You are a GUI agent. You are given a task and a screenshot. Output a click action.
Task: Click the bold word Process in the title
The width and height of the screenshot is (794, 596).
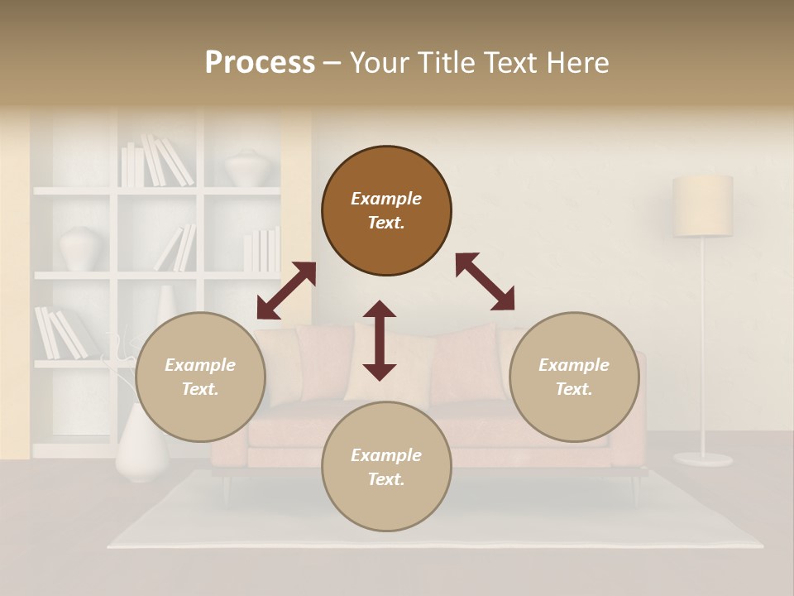pyautogui.click(x=260, y=63)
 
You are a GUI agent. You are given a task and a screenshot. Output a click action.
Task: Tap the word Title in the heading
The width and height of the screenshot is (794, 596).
pyautogui.click(x=447, y=63)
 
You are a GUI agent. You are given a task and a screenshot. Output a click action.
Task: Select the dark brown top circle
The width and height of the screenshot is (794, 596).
pyautogui.click(x=386, y=211)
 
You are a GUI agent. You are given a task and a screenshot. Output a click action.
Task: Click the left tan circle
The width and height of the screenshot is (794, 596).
pyautogui.click(x=200, y=377)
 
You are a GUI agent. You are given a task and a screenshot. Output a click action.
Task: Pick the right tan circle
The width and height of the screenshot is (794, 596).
pyautogui.click(x=574, y=377)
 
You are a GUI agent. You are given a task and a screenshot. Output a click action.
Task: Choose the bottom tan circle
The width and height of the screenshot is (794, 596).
pyautogui.click(x=386, y=467)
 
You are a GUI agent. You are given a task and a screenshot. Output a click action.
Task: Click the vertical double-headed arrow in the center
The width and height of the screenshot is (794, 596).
pyautogui.click(x=380, y=340)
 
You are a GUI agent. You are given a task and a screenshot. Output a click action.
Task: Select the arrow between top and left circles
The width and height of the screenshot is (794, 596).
pyautogui.click(x=286, y=291)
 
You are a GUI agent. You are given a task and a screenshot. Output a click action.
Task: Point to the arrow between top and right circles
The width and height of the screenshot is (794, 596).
pyautogui.click(x=485, y=281)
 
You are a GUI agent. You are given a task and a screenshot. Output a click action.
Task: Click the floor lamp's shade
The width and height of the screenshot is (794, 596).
pyautogui.click(x=702, y=205)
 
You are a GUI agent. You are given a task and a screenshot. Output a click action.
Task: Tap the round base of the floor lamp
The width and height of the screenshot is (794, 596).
pyautogui.click(x=702, y=459)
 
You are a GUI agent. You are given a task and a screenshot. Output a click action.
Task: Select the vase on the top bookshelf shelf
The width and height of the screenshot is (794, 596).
pyautogui.click(x=246, y=168)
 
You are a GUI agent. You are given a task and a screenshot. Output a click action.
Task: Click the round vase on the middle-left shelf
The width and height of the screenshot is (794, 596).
pyautogui.click(x=82, y=248)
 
